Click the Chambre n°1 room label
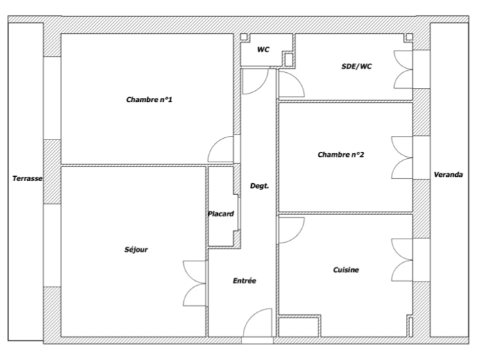pyautogui.click(x=149, y=99)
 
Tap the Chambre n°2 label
pyautogui.click(x=341, y=154)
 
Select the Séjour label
pyautogui.click(x=136, y=250)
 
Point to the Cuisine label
pyautogui.click(x=346, y=270)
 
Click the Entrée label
pyautogui.click(x=244, y=281)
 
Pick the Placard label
pyautogui.click(x=221, y=214)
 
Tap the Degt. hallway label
pyautogui.click(x=259, y=186)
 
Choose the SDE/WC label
pyautogui.click(x=357, y=67)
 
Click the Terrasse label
pyautogui.click(x=28, y=178)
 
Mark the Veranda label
pyautogui.click(x=448, y=175)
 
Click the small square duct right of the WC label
pyautogui.click(x=289, y=60)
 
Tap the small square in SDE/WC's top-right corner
pyautogui.click(x=409, y=37)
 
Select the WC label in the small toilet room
pyautogui.click(x=263, y=49)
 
